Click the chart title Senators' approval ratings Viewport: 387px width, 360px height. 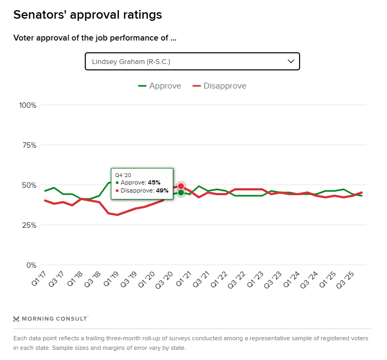[87, 15]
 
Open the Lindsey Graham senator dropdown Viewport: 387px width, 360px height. [192, 61]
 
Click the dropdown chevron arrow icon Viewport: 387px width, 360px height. [291, 61]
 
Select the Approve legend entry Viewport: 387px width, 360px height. [159, 86]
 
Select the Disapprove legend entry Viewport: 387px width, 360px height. [219, 86]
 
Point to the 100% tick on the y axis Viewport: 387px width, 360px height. [27, 105]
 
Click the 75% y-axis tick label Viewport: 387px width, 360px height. [29, 145]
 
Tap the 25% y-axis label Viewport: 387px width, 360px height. [29, 225]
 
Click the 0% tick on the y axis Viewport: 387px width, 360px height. [31, 265]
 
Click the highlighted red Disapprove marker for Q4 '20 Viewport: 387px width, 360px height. [181, 186]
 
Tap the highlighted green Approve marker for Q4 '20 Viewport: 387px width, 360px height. [181, 193]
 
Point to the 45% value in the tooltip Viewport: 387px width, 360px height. [154, 182]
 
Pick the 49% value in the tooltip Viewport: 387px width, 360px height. [162, 190]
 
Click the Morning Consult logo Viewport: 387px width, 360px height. [51, 319]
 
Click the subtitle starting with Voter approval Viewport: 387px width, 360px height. [94, 38]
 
